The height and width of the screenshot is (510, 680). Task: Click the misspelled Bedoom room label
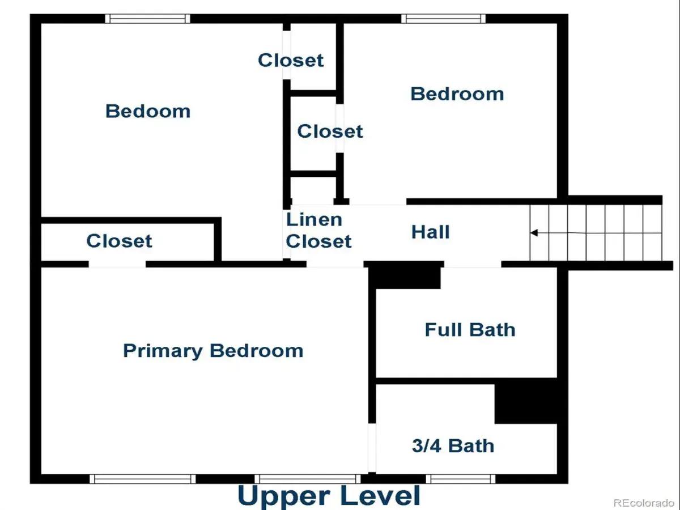tap(148, 111)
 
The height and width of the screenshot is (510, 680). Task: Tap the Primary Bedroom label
tap(213, 351)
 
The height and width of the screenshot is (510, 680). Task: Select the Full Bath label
tap(470, 330)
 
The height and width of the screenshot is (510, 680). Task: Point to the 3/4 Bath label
tap(453, 446)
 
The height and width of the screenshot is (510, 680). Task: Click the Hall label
tap(430, 232)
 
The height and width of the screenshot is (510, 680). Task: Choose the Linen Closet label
tap(318, 231)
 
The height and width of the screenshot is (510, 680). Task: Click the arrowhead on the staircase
tap(534, 232)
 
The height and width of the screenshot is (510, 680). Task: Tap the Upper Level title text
tap(329, 496)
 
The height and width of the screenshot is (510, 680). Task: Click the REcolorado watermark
tap(644, 503)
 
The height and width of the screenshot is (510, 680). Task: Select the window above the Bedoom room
tap(147, 19)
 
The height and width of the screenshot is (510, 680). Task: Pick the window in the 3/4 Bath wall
tap(461, 479)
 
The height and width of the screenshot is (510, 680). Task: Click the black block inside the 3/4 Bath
tap(526, 404)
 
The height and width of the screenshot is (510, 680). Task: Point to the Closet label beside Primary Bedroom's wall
tap(119, 241)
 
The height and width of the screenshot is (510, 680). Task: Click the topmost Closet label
tap(291, 60)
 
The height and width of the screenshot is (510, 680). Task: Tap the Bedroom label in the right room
tap(457, 94)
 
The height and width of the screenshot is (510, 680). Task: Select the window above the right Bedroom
tap(443, 19)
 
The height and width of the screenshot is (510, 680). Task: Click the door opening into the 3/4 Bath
tap(372, 448)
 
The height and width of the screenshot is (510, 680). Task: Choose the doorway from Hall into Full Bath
tap(473, 264)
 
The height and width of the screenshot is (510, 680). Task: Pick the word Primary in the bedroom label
tap(163, 351)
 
